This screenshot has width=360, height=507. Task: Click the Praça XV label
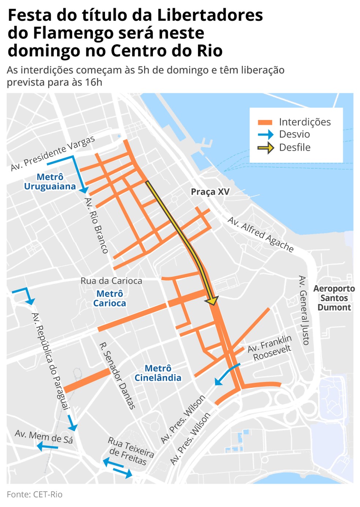pos(210,192)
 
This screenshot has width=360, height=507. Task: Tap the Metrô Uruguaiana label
pos(50,182)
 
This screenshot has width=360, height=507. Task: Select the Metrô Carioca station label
pos(109,299)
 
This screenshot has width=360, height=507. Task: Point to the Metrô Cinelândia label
pos(158,373)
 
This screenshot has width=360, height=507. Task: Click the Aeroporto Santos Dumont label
pos(334,298)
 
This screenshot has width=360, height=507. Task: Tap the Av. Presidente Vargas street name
pos(53,153)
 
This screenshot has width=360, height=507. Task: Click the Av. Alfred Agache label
pos(260,235)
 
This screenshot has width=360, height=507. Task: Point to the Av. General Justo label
pos(304,310)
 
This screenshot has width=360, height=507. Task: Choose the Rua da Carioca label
pos(111,281)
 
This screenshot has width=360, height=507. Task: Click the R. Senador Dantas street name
pos(117,376)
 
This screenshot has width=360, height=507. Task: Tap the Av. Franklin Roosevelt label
pos(270,348)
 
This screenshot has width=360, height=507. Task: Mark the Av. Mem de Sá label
pos(44,437)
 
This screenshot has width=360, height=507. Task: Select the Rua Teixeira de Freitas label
pos(131,451)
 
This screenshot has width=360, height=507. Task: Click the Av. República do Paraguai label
pos(50,361)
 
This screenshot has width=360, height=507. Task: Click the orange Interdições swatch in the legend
pos(265,122)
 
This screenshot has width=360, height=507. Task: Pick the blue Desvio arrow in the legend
pos(266,134)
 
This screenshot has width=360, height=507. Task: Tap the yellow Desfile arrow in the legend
pos(266,148)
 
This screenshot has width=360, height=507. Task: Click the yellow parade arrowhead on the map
pos(212,301)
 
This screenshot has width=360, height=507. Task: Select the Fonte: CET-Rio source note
pos(35,495)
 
